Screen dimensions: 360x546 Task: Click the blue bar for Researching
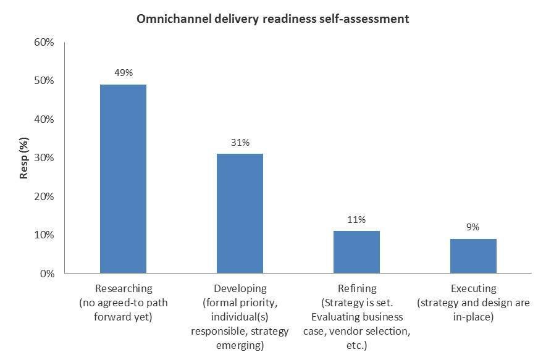coord(123,179)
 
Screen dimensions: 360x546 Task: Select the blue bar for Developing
coord(240,214)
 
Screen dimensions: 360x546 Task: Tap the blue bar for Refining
coord(356,252)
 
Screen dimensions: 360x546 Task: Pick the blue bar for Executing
coord(473,256)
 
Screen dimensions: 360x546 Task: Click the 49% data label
coord(123,72)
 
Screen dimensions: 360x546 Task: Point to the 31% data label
coord(240,143)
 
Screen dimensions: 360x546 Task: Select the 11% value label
coord(356,219)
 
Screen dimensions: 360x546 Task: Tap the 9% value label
coord(473,227)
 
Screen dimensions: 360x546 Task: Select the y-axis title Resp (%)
coord(24,157)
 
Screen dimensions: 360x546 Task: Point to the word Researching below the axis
coord(124,288)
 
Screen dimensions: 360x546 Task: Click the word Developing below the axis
coord(240,288)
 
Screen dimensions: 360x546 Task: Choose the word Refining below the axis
coord(357,288)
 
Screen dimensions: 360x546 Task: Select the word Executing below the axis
coord(474,288)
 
